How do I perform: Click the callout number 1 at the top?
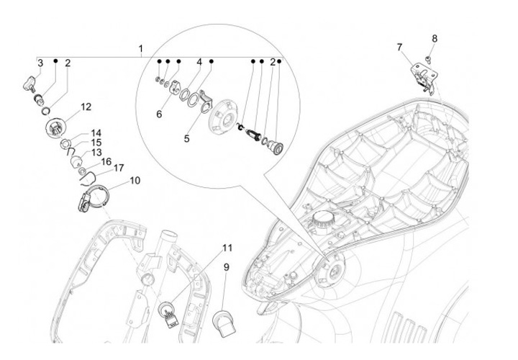coord(141,48)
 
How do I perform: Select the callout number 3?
coord(40,63)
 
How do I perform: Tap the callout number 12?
coord(86,107)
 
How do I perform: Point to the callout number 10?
coord(135,181)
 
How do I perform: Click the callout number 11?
coord(227,248)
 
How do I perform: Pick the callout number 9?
coord(227,267)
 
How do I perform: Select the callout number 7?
coord(400,48)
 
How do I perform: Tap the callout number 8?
coord(435,39)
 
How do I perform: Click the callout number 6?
coord(159,114)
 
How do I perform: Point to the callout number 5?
coord(186,138)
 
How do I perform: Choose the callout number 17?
coord(119,168)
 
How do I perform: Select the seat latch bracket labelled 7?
coord(424,77)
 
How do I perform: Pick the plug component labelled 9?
coord(224,323)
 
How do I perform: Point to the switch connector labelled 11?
coord(169,315)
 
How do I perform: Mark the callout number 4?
coord(199,62)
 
